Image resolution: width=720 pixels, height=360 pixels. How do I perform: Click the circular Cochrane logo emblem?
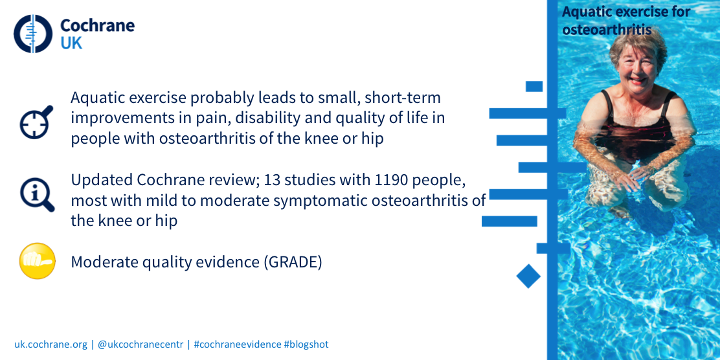[x=33, y=34]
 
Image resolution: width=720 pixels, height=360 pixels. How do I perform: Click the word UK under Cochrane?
[x=71, y=43]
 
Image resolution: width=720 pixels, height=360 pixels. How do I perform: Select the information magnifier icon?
[x=37, y=195]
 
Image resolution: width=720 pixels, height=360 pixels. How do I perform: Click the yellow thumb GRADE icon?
[x=37, y=261]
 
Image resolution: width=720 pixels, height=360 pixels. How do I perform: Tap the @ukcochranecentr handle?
[x=141, y=344]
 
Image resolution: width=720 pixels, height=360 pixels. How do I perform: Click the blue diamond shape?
[x=528, y=276]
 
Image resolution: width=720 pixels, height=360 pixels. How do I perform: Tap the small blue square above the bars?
[x=534, y=86]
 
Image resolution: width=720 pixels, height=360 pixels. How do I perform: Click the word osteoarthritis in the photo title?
[x=607, y=29]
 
